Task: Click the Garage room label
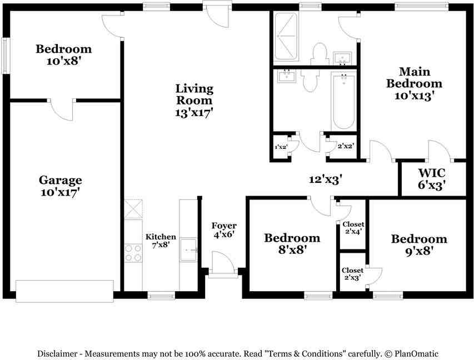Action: [x=60, y=180]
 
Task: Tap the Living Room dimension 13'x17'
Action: [x=194, y=112]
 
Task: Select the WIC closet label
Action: [x=432, y=172]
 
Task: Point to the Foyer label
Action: [x=224, y=226]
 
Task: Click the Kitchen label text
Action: [x=161, y=237]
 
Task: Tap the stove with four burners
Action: [x=133, y=253]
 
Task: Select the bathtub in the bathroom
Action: [x=343, y=99]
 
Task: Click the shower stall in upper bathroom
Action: [x=287, y=36]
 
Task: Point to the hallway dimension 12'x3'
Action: [x=326, y=179]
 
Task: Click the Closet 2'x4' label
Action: [x=353, y=227]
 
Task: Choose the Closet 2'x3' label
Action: [x=353, y=274]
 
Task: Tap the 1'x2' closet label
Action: [x=281, y=147]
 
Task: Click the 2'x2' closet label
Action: [x=346, y=147]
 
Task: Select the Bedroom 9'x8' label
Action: [x=418, y=244]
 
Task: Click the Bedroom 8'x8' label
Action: [x=292, y=243]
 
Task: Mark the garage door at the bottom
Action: [x=64, y=291]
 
